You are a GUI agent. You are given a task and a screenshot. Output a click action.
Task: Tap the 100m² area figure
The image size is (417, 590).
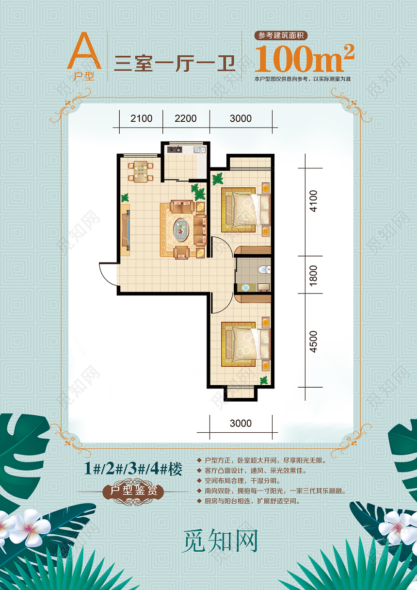click(304, 58)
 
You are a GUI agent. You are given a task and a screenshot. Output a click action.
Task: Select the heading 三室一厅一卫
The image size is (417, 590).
click(174, 64)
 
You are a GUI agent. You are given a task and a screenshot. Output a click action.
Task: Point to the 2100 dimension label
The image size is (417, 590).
click(141, 118)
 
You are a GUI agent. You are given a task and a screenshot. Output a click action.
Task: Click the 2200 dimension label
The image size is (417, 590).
click(185, 118)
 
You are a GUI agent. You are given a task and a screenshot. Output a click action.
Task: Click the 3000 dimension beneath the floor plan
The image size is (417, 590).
click(241, 423)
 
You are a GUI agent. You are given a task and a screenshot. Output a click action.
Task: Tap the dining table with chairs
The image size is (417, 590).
click(141, 171)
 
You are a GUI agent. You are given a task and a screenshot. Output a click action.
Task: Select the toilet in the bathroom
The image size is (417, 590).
click(263, 269)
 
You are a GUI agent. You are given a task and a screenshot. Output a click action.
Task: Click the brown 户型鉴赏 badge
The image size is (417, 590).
click(134, 491)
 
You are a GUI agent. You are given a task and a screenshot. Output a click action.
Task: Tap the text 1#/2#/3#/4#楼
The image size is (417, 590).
click(133, 469)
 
